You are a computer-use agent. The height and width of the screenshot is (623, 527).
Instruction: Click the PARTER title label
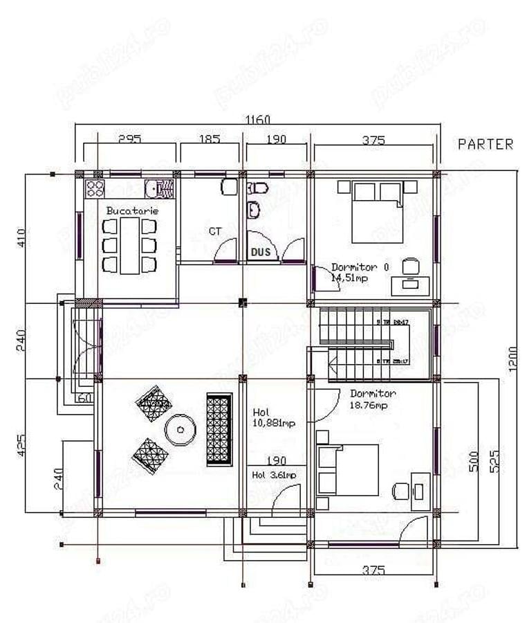(x=486, y=144)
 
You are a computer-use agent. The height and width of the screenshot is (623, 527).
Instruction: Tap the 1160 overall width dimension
(x=258, y=120)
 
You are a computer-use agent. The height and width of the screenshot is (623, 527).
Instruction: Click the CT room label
(x=215, y=231)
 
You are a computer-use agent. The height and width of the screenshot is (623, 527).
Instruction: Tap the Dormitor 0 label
(x=360, y=267)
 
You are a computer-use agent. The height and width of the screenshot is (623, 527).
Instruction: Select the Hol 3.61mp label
(x=274, y=475)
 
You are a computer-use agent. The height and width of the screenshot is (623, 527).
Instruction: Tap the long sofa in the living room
(x=219, y=429)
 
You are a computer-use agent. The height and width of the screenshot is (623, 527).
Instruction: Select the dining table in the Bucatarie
(x=130, y=245)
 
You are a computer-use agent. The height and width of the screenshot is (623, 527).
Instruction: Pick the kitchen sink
(x=161, y=188)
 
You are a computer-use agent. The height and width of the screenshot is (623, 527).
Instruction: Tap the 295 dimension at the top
(x=129, y=139)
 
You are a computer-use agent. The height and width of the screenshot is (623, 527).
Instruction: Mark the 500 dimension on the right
(x=473, y=462)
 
